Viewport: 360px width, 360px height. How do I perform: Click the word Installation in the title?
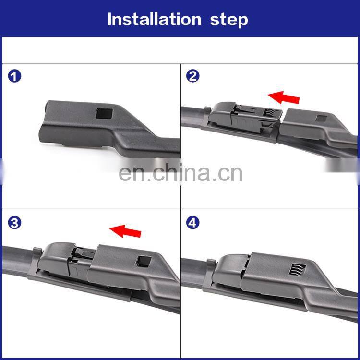(154, 19)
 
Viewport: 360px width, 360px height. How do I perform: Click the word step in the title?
(229, 20)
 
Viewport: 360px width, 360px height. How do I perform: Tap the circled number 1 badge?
(14, 76)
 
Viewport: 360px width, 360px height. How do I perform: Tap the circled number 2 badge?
(193, 76)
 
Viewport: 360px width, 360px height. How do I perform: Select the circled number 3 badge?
(14, 223)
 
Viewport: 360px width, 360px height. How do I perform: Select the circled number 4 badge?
(193, 223)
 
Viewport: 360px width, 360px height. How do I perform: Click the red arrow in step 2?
(284, 97)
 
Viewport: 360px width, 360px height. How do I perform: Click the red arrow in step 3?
(125, 231)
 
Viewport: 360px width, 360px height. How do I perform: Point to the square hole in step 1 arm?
(104, 113)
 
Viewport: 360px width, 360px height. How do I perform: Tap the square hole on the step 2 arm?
(321, 119)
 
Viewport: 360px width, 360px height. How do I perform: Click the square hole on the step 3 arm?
(143, 262)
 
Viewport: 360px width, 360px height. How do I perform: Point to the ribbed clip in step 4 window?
(297, 269)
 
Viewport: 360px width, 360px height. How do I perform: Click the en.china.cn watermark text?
(180, 173)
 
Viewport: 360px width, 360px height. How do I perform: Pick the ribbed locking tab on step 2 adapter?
(270, 112)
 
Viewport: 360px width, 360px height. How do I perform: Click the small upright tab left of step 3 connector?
(37, 251)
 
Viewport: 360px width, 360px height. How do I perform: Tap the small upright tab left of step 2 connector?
(207, 110)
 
